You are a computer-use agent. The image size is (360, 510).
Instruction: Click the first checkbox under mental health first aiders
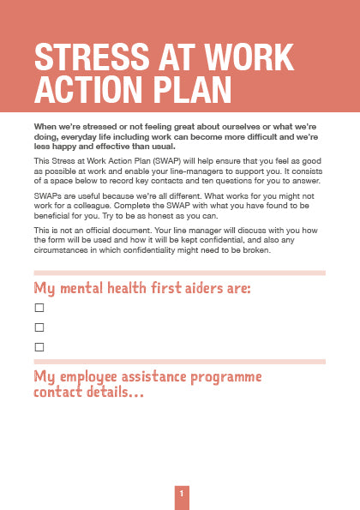(39, 307)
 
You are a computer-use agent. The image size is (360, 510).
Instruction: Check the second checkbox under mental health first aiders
(39, 327)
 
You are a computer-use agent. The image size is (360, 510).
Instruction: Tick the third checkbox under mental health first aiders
(39, 347)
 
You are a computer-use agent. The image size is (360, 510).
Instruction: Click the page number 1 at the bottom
(181, 495)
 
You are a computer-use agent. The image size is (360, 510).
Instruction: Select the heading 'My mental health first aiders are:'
(142, 287)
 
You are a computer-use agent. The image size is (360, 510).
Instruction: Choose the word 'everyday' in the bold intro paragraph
(75, 135)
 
